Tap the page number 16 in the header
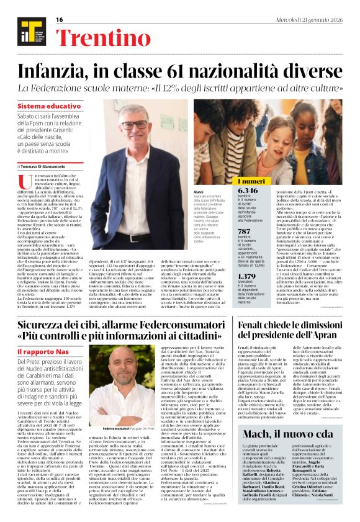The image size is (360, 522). tap(60, 20)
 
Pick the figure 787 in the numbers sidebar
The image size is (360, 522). tap(246, 230)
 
